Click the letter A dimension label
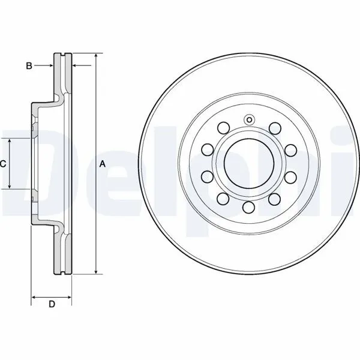[103, 164]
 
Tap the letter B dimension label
[29, 66]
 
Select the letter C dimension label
[3, 164]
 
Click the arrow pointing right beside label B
[44, 66]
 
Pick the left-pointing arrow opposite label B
[82, 66]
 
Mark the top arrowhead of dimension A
[96, 56]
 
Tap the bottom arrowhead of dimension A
[96, 271]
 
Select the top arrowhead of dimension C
[10, 141]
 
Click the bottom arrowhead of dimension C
[10, 186]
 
